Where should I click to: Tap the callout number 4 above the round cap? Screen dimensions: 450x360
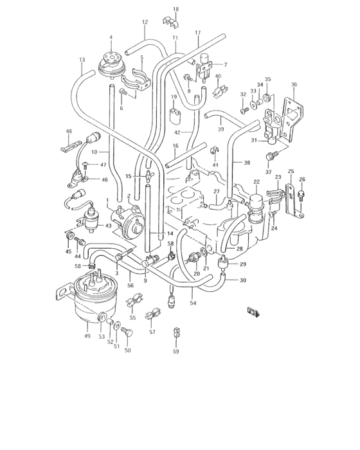(111, 37)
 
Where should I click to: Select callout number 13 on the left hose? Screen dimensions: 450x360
(82, 60)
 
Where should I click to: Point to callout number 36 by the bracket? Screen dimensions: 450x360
(294, 85)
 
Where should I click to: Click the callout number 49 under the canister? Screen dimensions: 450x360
(87, 335)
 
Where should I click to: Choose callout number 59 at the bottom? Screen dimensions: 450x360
(175, 352)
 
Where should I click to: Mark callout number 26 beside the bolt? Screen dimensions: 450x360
(302, 179)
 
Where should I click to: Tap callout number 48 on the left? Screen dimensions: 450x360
(69, 132)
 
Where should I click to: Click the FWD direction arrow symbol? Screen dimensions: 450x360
(253, 312)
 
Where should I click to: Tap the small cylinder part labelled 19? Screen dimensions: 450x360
(174, 116)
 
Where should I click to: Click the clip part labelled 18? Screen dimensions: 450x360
(172, 24)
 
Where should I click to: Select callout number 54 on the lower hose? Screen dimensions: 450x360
(192, 303)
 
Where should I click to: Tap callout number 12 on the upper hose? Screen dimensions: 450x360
(145, 22)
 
